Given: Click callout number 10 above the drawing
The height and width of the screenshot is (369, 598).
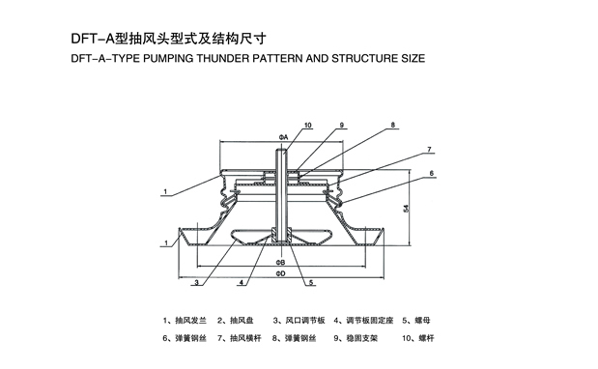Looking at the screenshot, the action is pyautogui.click(x=308, y=125).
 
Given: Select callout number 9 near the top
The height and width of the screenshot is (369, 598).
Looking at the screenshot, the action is pyautogui.click(x=342, y=125).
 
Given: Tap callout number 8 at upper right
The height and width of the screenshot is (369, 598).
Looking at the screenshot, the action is pyautogui.click(x=393, y=125).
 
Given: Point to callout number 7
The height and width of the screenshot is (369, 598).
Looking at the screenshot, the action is pyautogui.click(x=429, y=150).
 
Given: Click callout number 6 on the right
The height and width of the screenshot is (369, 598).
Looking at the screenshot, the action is pyautogui.click(x=431, y=174).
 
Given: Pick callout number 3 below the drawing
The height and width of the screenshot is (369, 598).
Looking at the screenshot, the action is pyautogui.click(x=196, y=282).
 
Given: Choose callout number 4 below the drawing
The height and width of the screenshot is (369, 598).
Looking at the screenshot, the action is pyautogui.click(x=241, y=282).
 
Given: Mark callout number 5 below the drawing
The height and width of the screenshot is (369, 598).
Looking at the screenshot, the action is pyautogui.click(x=311, y=282).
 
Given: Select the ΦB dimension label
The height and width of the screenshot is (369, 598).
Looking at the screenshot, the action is pyautogui.click(x=281, y=263).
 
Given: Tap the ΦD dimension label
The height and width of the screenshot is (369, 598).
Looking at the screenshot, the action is pyautogui.click(x=281, y=273).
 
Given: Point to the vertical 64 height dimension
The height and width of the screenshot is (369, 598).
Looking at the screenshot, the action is pyautogui.click(x=407, y=208).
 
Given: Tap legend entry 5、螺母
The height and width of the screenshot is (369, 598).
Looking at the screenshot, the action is pyautogui.click(x=416, y=320).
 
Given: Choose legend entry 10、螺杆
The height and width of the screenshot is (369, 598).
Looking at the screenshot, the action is pyautogui.click(x=418, y=338).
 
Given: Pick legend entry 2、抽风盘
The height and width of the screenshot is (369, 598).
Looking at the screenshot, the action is pyautogui.click(x=236, y=320).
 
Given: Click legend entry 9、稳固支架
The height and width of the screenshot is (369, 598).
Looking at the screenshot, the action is pyautogui.click(x=356, y=338).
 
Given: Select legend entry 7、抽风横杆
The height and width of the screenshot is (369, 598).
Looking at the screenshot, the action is pyautogui.click(x=240, y=338).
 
